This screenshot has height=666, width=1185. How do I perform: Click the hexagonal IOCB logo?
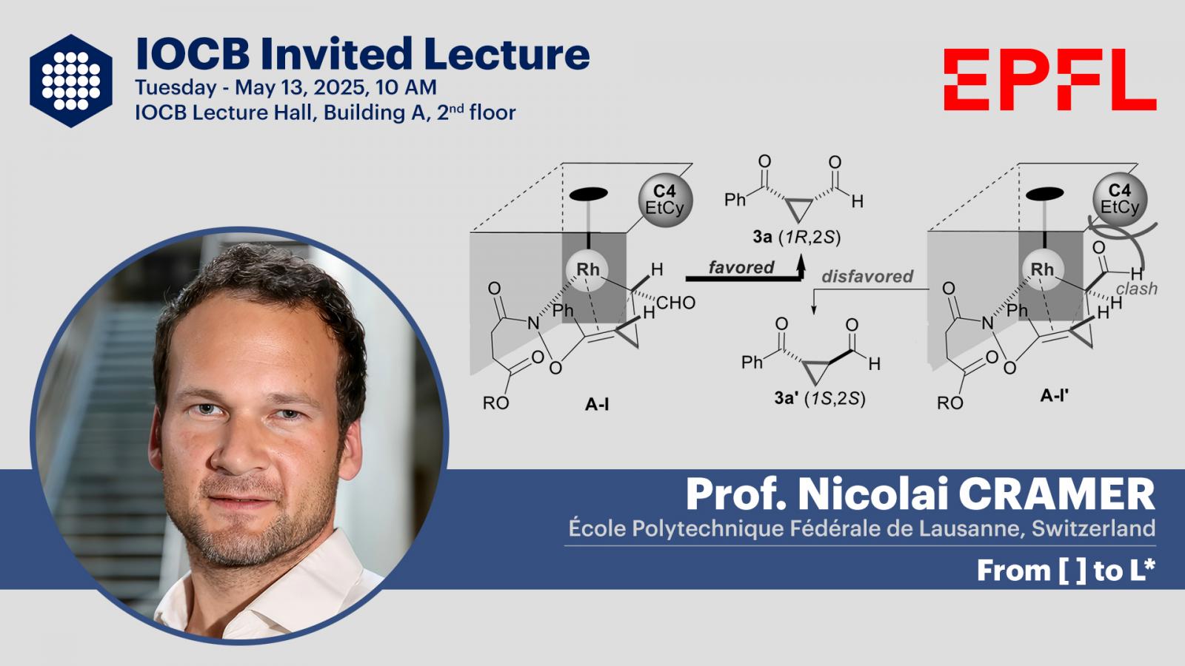click(71, 81)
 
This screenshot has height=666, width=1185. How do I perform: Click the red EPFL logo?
click(1050, 79)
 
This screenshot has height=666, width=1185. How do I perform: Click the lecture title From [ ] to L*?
click(1066, 571)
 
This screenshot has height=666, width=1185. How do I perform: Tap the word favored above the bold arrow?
click(741, 267)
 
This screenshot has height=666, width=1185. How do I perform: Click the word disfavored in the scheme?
click(867, 276)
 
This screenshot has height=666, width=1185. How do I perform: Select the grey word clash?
click(1137, 289)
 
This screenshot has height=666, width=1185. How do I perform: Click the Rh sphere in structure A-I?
click(588, 269)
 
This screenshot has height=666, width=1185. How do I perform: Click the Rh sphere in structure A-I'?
click(1042, 269)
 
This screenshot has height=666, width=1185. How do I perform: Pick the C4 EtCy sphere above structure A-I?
click(665, 200)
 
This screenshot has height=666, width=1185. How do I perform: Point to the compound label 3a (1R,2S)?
click(797, 238)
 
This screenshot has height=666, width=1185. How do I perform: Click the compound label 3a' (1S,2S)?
click(819, 398)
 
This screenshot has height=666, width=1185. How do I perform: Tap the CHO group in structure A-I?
click(675, 303)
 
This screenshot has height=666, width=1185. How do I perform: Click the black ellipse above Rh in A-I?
click(588, 194)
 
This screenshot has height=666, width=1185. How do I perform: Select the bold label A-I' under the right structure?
click(1055, 395)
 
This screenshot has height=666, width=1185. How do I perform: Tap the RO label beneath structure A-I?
click(495, 403)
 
